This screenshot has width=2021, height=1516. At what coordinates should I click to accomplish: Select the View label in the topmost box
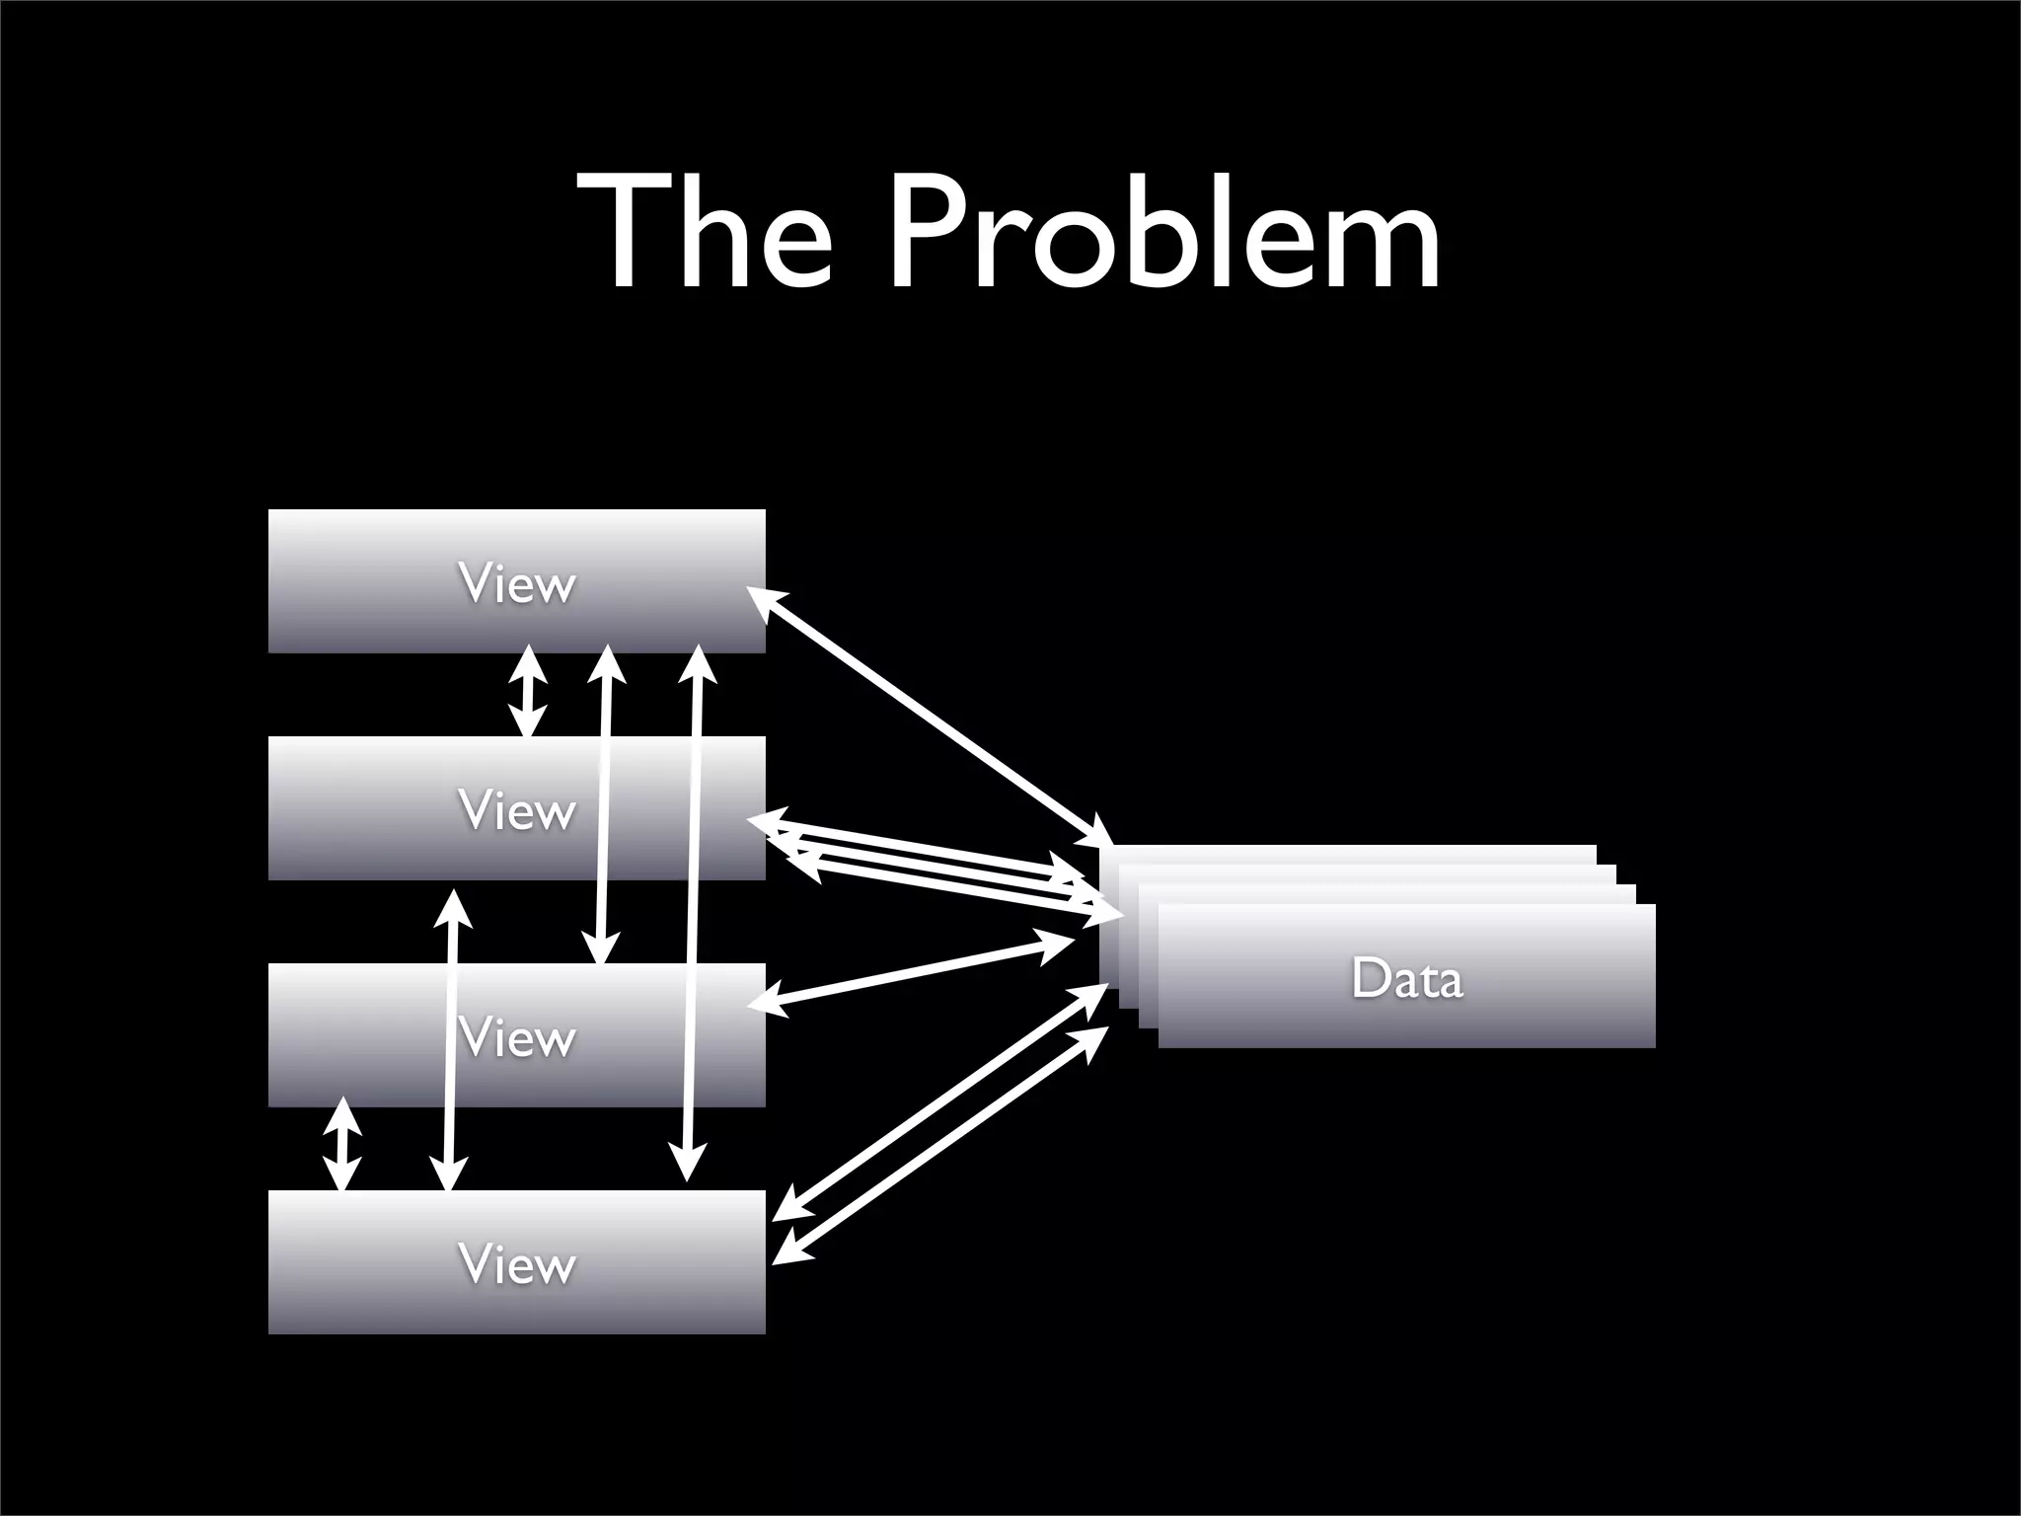[x=516, y=584]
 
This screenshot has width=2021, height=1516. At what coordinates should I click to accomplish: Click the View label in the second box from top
[x=516, y=811]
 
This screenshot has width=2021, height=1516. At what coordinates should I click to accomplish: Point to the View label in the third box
[x=516, y=1038]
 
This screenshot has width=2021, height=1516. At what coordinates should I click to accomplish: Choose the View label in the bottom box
[x=516, y=1264]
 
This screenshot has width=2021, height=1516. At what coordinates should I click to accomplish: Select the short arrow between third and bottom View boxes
[x=342, y=1145]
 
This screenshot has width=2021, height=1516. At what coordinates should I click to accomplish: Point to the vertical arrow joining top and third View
[x=603, y=804]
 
